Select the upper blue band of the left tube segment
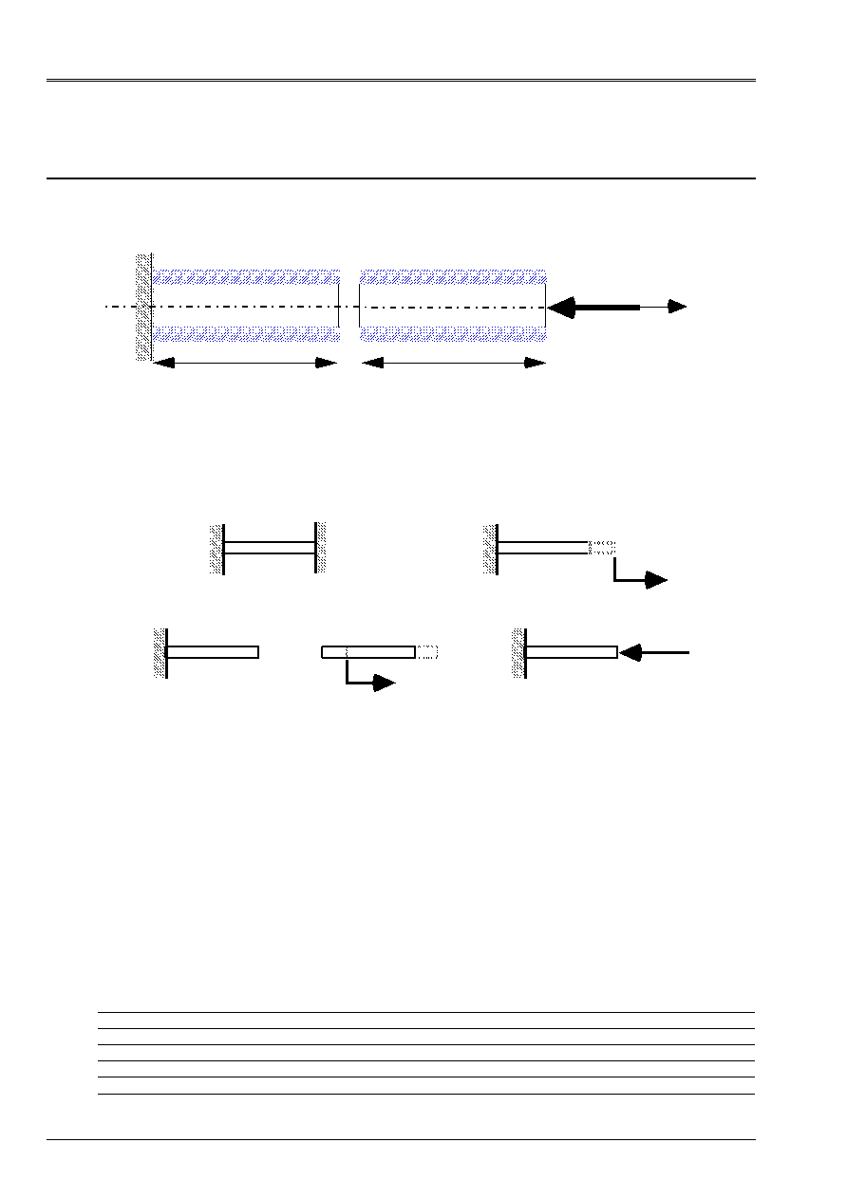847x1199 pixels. tap(246, 276)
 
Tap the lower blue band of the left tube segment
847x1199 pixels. tap(246, 333)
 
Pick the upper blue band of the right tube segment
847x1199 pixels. tap(452, 276)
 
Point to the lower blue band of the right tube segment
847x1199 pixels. tap(452, 333)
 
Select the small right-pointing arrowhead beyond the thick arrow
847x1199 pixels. tap(676, 307)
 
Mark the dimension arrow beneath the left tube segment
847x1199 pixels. tap(245, 363)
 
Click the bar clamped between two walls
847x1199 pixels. tap(270, 548)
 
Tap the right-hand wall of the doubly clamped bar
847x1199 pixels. tap(321, 548)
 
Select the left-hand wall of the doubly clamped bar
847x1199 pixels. tap(216, 548)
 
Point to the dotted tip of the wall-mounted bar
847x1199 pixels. tap(602, 548)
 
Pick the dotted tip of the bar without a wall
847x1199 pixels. tap(427, 652)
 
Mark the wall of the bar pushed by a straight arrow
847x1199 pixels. tap(518, 652)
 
